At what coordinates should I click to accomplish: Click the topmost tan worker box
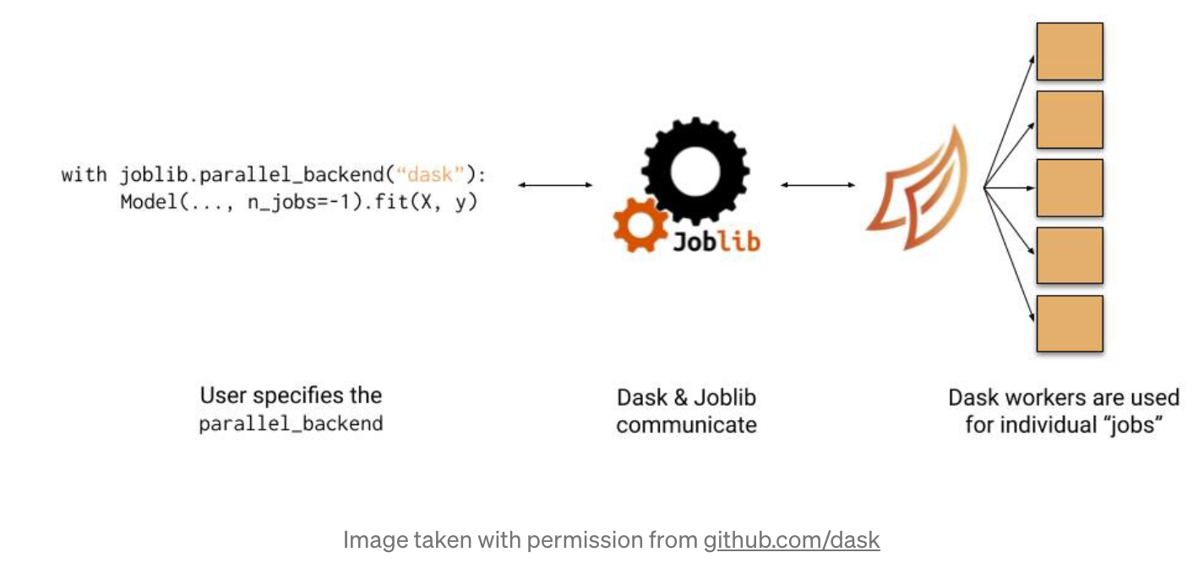(1069, 52)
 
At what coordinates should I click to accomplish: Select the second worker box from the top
(1069, 120)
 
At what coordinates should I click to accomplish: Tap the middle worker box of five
(1069, 188)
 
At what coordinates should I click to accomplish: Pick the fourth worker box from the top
(1069, 255)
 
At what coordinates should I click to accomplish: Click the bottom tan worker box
(1069, 323)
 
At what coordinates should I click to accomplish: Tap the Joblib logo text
(716, 241)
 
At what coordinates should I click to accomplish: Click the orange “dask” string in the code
(430, 176)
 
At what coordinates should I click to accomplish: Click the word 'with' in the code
(84, 176)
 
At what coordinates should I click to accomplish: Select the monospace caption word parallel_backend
(291, 424)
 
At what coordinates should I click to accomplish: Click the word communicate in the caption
(685, 424)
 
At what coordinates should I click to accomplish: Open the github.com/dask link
(792, 540)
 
